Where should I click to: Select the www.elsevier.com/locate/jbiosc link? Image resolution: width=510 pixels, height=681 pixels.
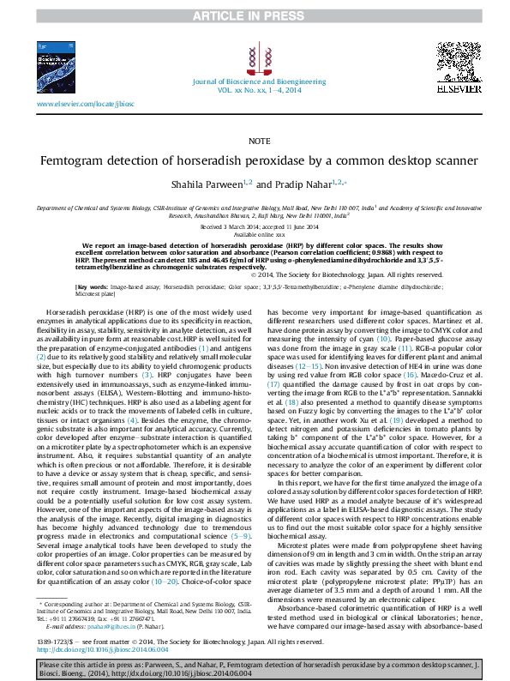click(x=86, y=104)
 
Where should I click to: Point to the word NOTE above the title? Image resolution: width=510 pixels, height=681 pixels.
click(x=255, y=140)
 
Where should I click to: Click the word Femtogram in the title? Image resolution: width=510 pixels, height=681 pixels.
click(x=111, y=160)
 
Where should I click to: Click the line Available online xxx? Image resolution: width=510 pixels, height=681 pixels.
click(x=255, y=233)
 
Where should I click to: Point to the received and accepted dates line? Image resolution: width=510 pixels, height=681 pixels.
click(x=255, y=226)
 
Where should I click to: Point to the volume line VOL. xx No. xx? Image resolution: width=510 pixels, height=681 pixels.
click(x=255, y=89)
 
